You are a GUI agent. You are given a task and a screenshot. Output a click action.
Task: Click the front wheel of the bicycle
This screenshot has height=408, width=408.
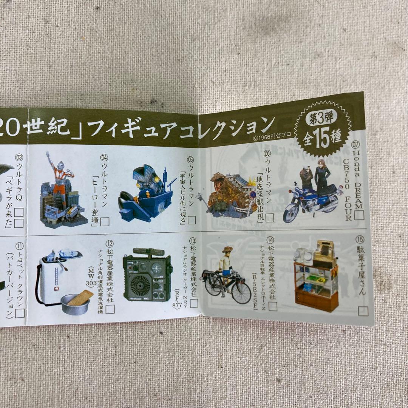pyautogui.click(x=241, y=292)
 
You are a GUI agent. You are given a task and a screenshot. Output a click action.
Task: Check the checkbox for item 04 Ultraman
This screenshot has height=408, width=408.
pyautogui.click(x=105, y=222)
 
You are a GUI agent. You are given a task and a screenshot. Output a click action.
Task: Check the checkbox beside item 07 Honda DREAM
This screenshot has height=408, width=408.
pyautogui.click(x=359, y=215)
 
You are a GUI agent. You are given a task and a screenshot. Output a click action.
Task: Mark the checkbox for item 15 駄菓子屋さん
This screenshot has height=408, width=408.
pyautogui.click(x=363, y=311)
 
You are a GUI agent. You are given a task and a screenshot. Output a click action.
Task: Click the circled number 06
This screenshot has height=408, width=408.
pyautogui.click(x=267, y=154)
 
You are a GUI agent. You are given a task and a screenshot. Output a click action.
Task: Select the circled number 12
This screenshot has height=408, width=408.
pyautogui.click(x=110, y=244)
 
